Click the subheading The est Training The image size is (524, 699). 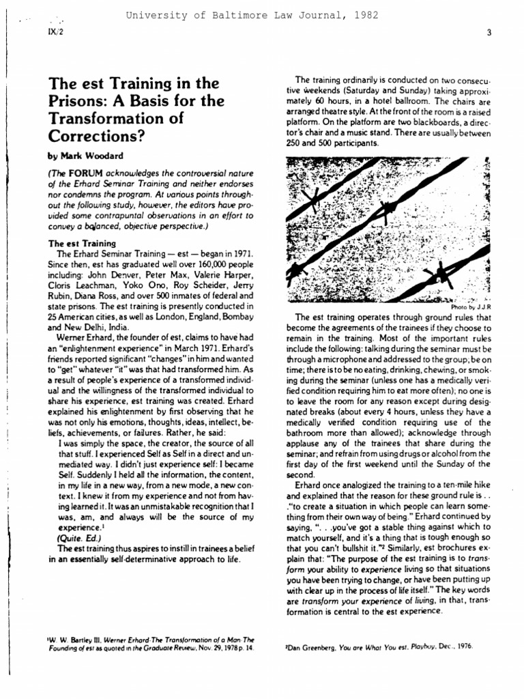tap(82, 243)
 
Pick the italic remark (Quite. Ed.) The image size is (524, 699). tap(81, 537)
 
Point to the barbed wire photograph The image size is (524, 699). tap(388, 229)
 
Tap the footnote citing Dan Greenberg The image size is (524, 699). tap(379, 646)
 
